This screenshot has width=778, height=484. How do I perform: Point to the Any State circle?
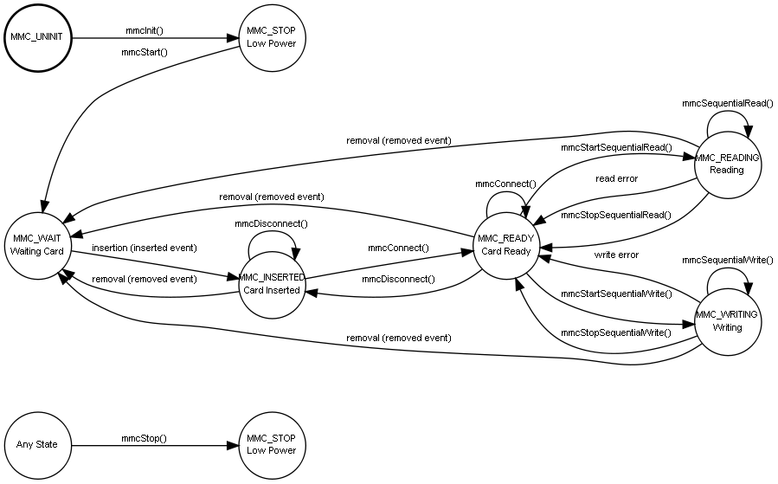coord(37,445)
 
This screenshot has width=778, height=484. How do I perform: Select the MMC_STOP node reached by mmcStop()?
coord(271,445)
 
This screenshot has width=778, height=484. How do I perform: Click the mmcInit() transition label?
coord(145,31)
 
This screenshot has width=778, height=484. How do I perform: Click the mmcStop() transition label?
coord(144,438)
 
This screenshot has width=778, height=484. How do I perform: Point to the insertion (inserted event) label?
coord(144,248)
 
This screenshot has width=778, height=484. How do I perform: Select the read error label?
coord(616,178)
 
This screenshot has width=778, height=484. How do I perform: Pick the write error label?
coord(616,255)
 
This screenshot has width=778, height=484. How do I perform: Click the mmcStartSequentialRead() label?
coord(616,147)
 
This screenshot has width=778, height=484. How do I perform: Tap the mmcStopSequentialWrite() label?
coord(616,332)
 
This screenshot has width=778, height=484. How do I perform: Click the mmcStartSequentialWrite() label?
coord(616,294)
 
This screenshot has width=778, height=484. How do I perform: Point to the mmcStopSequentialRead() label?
coord(616,215)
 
